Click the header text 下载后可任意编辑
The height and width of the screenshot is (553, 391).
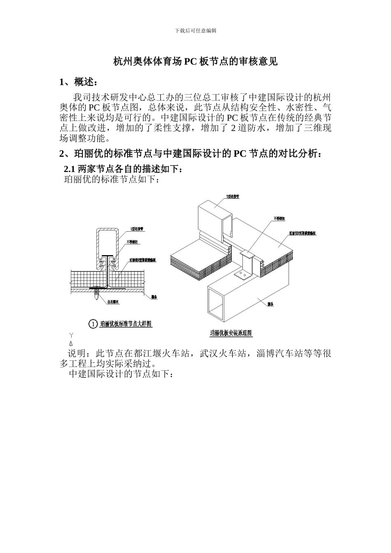click(195, 30)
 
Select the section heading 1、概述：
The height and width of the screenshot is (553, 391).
click(79, 82)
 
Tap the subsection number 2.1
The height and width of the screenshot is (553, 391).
click(70, 169)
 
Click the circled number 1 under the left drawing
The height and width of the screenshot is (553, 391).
click(93, 324)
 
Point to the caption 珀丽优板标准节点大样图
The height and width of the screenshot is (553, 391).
click(126, 324)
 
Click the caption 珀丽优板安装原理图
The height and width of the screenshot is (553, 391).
click(230, 333)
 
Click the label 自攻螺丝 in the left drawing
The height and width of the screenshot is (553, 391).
click(113, 302)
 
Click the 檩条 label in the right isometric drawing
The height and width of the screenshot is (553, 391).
click(271, 304)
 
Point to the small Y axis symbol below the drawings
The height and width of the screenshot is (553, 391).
click(71, 336)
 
